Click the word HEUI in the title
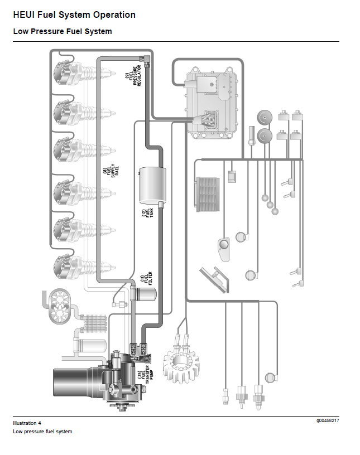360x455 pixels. click(23, 15)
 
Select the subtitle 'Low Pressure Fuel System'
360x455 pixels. click(63, 31)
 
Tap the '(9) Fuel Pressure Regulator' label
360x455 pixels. click(133, 76)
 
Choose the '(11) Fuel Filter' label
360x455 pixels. click(146, 278)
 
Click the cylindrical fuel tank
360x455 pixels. click(152, 186)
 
